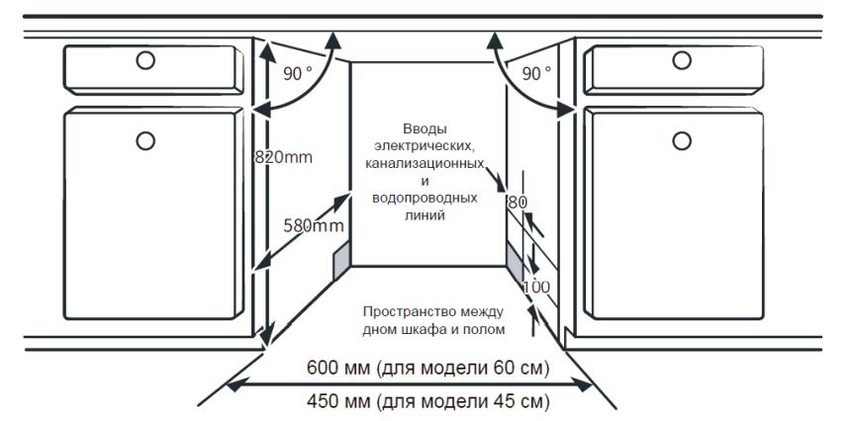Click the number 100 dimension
tap(534, 287)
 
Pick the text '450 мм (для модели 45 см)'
tap(428, 400)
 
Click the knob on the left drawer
tap(145, 60)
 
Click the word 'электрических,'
tap(427, 145)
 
